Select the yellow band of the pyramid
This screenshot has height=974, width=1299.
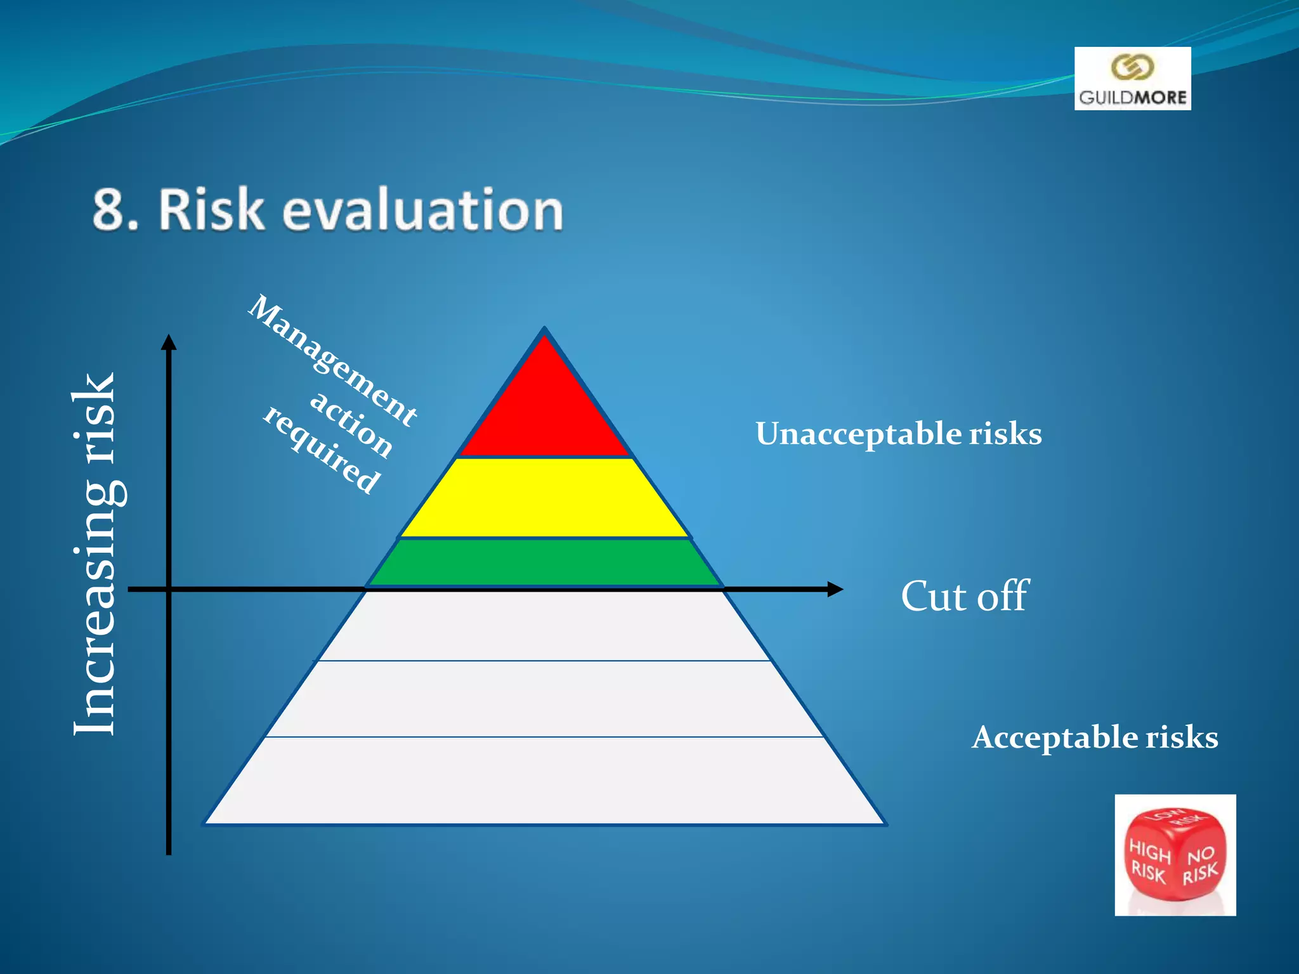(x=544, y=498)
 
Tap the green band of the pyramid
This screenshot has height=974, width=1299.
(x=544, y=562)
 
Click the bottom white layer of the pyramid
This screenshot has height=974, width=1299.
(x=544, y=781)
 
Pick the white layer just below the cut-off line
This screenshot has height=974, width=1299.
(x=544, y=627)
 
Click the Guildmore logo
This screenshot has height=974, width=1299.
(x=1132, y=79)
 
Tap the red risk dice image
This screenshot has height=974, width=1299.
(x=1175, y=855)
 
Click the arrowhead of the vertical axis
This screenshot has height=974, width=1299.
(x=169, y=342)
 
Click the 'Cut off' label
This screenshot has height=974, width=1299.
(x=964, y=597)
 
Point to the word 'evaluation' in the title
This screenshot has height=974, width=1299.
(x=422, y=210)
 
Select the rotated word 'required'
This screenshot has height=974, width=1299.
(x=322, y=449)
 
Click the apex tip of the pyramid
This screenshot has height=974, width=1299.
(x=544, y=331)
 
